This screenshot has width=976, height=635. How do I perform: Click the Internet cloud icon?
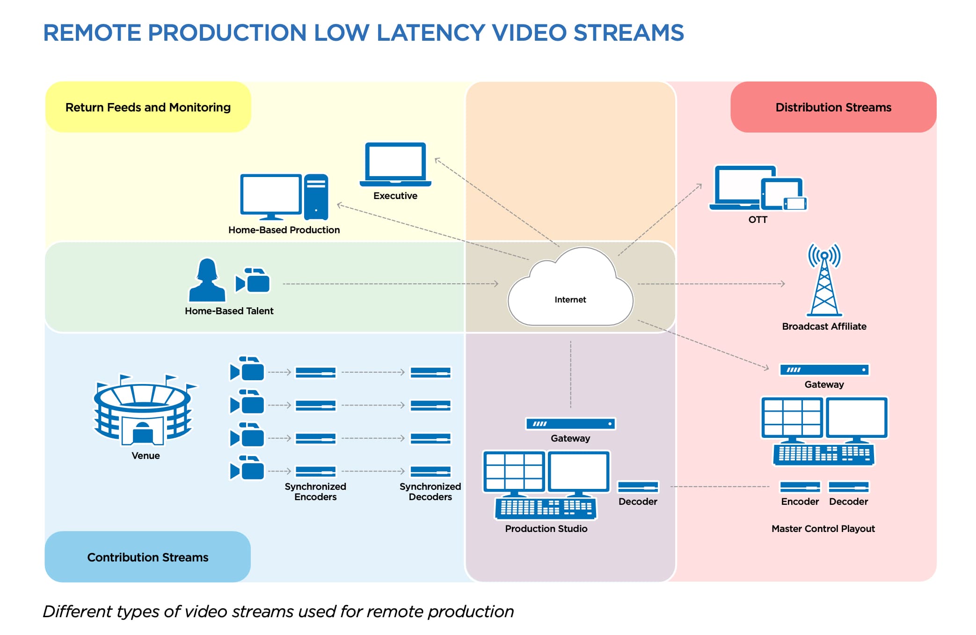click(x=570, y=288)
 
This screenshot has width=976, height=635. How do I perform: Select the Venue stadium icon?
click(x=143, y=410)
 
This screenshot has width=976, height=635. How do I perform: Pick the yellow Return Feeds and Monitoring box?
click(x=148, y=107)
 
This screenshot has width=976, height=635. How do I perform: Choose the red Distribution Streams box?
click(x=833, y=107)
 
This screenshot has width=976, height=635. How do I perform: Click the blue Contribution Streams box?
click(x=147, y=557)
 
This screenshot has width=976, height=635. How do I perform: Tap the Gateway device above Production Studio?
click(x=570, y=424)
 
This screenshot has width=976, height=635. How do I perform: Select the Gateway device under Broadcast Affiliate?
click(x=824, y=370)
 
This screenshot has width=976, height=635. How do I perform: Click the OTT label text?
click(x=757, y=220)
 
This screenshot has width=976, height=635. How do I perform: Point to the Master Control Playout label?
click(x=823, y=529)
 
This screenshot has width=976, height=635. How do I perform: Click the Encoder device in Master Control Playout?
click(x=800, y=487)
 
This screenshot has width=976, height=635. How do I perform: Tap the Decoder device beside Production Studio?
click(x=638, y=487)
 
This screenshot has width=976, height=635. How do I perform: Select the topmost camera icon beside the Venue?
click(x=247, y=369)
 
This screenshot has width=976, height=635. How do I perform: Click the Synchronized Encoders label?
click(x=315, y=492)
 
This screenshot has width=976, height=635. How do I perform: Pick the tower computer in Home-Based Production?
click(x=316, y=197)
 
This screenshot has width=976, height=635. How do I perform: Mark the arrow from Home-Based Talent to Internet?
click(x=391, y=284)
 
